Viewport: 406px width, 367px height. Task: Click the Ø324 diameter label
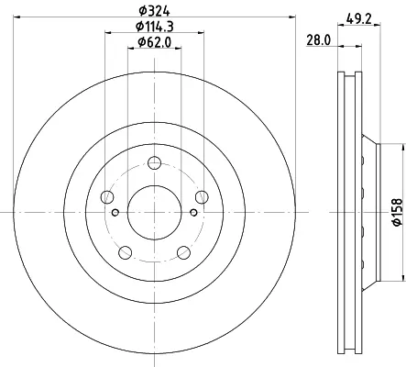pyautogui.click(x=154, y=11)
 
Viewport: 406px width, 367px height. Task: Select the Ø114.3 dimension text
pyautogui.click(x=155, y=27)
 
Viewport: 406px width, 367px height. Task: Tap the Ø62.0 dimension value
pyautogui.click(x=154, y=42)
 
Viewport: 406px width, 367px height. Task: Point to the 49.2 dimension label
pyautogui.click(x=359, y=19)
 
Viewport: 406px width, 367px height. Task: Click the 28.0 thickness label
pyautogui.click(x=318, y=40)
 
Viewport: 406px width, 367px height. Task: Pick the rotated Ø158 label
pyautogui.click(x=397, y=212)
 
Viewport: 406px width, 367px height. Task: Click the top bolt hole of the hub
pyautogui.click(x=154, y=162)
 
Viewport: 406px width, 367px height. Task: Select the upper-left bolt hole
pyautogui.click(x=107, y=196)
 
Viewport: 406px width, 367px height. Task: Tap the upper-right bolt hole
pyautogui.click(x=202, y=196)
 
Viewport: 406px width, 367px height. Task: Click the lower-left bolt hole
pyautogui.click(x=125, y=252)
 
